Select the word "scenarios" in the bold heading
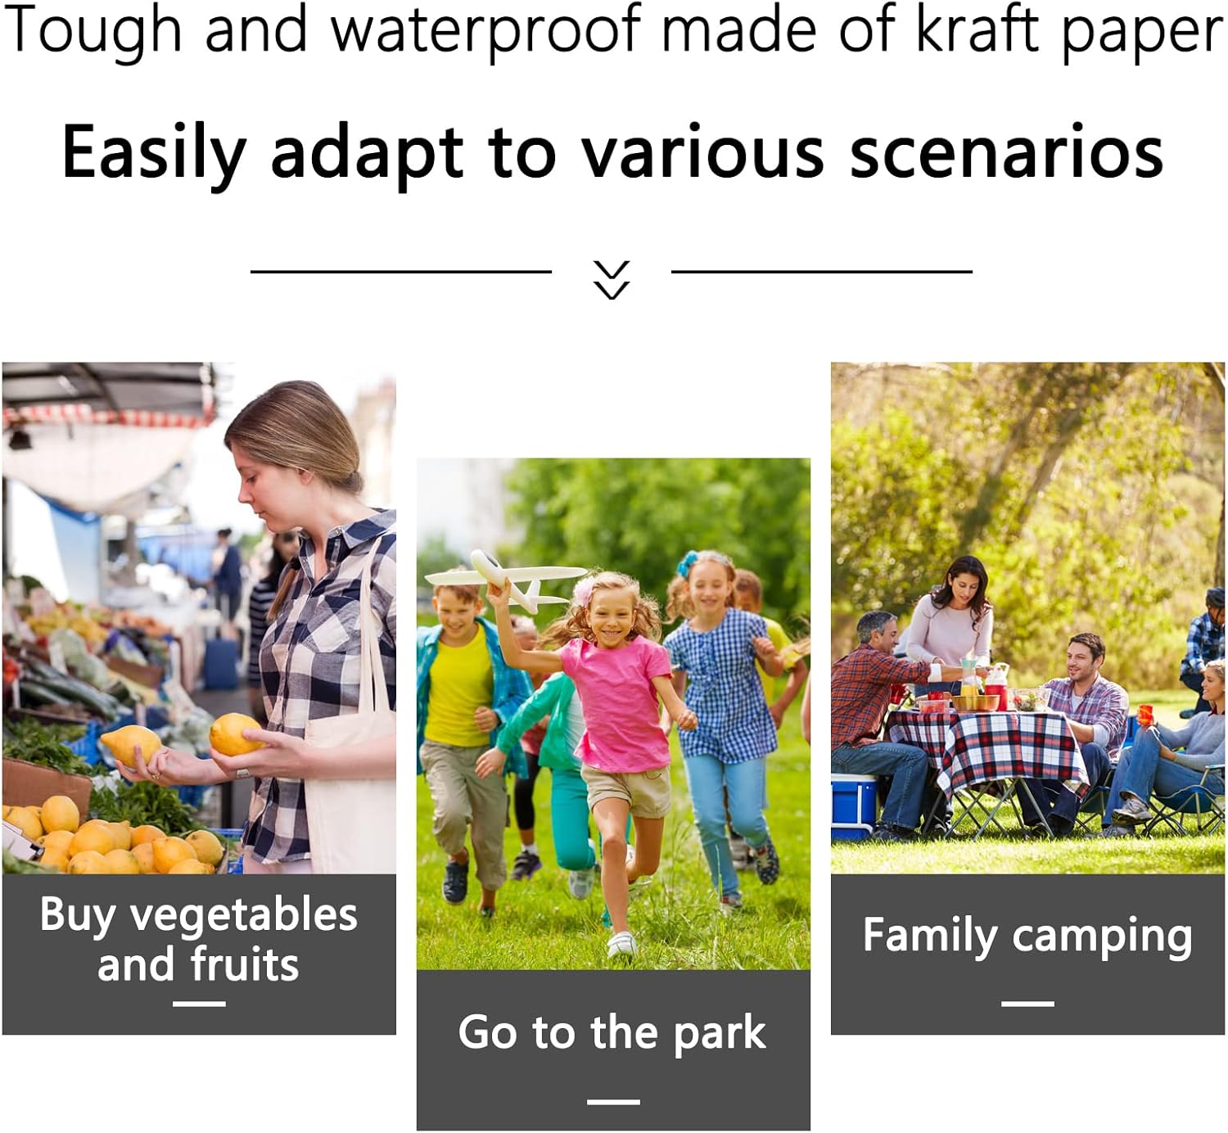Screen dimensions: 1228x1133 pyautogui.click(x=1007, y=151)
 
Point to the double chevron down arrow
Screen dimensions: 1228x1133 pyautogui.click(x=612, y=279)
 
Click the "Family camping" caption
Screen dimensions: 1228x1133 pyautogui.click(x=1027, y=937)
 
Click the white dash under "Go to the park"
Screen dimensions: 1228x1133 pyautogui.click(x=613, y=1101)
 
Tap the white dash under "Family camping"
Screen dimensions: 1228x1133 pyautogui.click(x=1027, y=1003)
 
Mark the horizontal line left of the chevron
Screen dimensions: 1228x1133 pyautogui.click(x=400, y=272)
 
